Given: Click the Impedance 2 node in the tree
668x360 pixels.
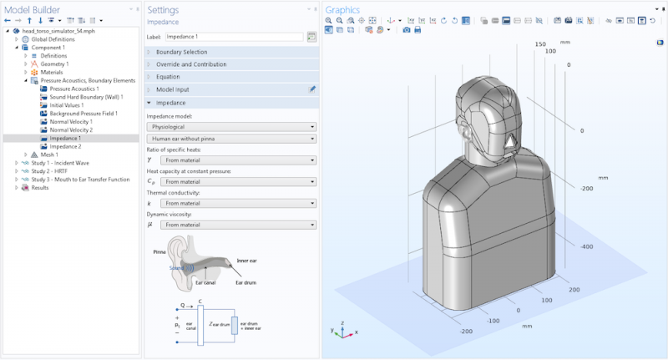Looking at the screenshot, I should point(65,146).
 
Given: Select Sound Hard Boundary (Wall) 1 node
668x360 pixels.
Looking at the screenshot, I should point(83,97).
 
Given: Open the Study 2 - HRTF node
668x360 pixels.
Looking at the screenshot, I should point(52,170).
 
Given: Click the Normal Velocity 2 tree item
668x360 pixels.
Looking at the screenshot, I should point(70,129).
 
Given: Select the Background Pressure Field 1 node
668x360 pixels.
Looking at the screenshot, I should point(83,113).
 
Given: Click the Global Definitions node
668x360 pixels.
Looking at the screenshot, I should point(53,39).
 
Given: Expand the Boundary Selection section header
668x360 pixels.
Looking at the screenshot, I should point(185,52).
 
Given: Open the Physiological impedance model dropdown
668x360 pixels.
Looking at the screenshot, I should point(231,127).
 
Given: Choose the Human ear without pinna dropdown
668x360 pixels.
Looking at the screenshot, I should point(231,139).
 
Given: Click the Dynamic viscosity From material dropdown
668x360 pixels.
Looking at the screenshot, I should point(238,225).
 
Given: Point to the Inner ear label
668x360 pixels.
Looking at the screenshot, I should point(246,261).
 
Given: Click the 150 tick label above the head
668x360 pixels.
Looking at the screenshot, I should point(539,44).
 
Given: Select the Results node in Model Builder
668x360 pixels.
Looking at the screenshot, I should point(40,187).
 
